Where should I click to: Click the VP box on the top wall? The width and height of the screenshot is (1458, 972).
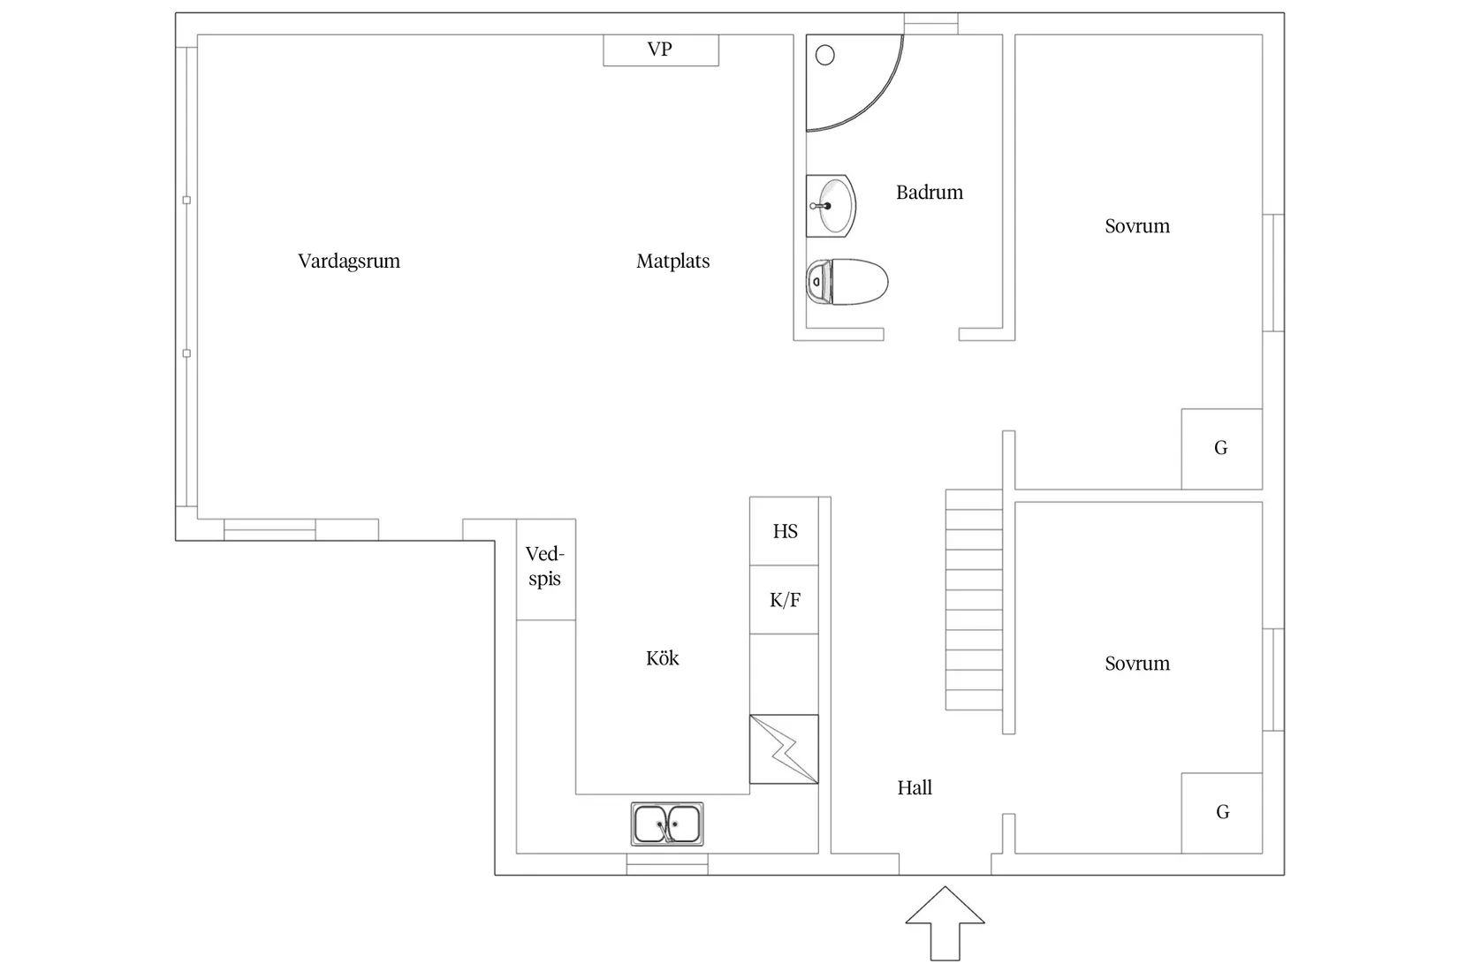tap(660, 49)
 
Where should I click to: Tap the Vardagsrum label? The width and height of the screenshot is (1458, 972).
tap(348, 261)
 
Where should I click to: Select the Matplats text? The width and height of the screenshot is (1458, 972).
tap(672, 261)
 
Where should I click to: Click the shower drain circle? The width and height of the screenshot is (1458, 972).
tap(824, 56)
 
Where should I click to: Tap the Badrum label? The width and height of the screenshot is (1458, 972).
tap(929, 192)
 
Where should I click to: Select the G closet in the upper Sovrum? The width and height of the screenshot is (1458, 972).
tap(1221, 448)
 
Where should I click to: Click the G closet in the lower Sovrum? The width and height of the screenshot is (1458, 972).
tap(1222, 812)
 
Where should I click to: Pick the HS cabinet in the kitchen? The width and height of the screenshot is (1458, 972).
tap(784, 531)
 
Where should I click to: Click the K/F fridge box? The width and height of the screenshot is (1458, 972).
tap(784, 600)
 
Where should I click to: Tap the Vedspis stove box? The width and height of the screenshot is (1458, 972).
tap(545, 568)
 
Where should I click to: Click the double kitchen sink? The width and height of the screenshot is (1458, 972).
tap(667, 824)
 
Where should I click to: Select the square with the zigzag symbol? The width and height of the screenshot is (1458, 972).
tap(784, 749)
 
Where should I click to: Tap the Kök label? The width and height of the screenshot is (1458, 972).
tap(662, 658)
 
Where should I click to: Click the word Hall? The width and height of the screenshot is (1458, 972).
tap(914, 787)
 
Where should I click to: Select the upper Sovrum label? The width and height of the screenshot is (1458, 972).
tap(1136, 226)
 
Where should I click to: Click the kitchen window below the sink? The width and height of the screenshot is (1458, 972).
tap(667, 864)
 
